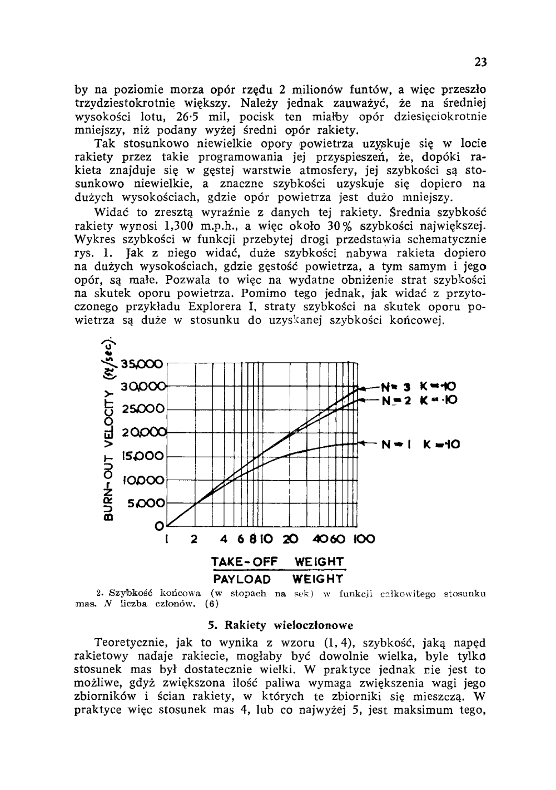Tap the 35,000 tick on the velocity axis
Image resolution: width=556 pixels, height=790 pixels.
[x=143, y=365]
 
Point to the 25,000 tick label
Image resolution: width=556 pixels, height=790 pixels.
[x=143, y=409]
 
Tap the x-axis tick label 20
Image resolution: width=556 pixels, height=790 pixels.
[x=290, y=539]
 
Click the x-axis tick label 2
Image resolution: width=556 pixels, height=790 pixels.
[x=194, y=539]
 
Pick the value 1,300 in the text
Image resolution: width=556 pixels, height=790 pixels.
[x=179, y=226]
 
